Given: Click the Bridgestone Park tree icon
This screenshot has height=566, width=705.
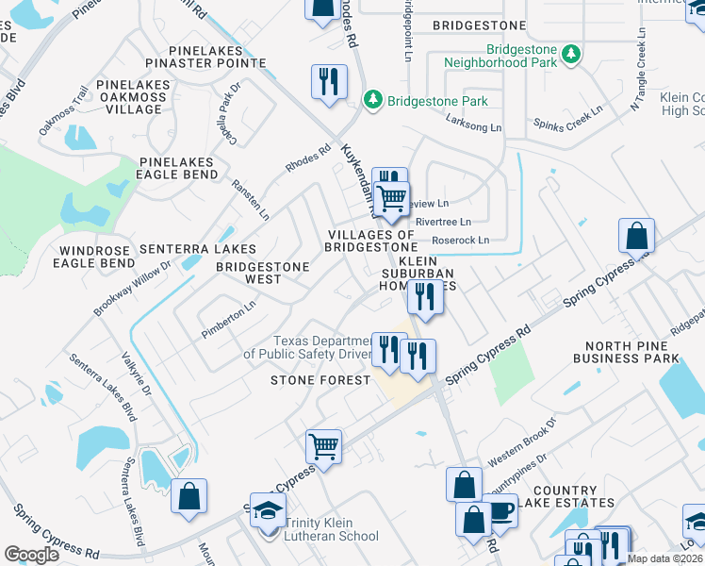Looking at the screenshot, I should tap(373, 100).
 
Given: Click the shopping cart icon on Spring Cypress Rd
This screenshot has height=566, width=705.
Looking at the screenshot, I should tap(323, 445).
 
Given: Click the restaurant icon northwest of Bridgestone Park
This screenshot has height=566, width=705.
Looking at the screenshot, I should tap(328, 81).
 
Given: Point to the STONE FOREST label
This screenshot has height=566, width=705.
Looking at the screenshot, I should tap(313, 380).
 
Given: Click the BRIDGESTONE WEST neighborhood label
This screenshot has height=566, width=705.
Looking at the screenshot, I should tap(263, 273).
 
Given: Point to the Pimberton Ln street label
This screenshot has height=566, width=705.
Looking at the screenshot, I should tap(228, 321).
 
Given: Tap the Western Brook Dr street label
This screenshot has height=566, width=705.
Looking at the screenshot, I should tap(523, 451).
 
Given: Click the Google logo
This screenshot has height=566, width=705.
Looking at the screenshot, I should tap(32, 555).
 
